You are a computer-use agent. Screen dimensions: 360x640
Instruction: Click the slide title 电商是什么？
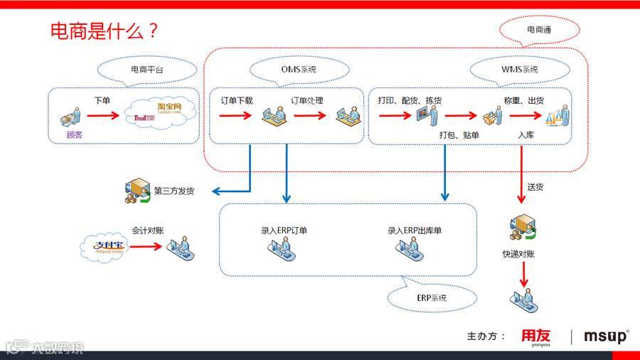(104, 31)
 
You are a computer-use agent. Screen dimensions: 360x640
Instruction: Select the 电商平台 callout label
(146, 70)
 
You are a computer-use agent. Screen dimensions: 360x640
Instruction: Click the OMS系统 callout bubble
(299, 70)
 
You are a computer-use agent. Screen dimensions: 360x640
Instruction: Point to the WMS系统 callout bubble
(520, 70)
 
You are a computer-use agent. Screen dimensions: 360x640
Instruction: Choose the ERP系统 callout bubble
(432, 297)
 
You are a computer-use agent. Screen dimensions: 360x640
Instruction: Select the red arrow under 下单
(102, 115)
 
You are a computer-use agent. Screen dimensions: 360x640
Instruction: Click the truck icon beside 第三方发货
(137, 191)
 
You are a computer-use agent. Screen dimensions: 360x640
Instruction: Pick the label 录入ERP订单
(284, 231)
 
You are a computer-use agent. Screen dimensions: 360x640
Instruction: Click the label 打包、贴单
(459, 134)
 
